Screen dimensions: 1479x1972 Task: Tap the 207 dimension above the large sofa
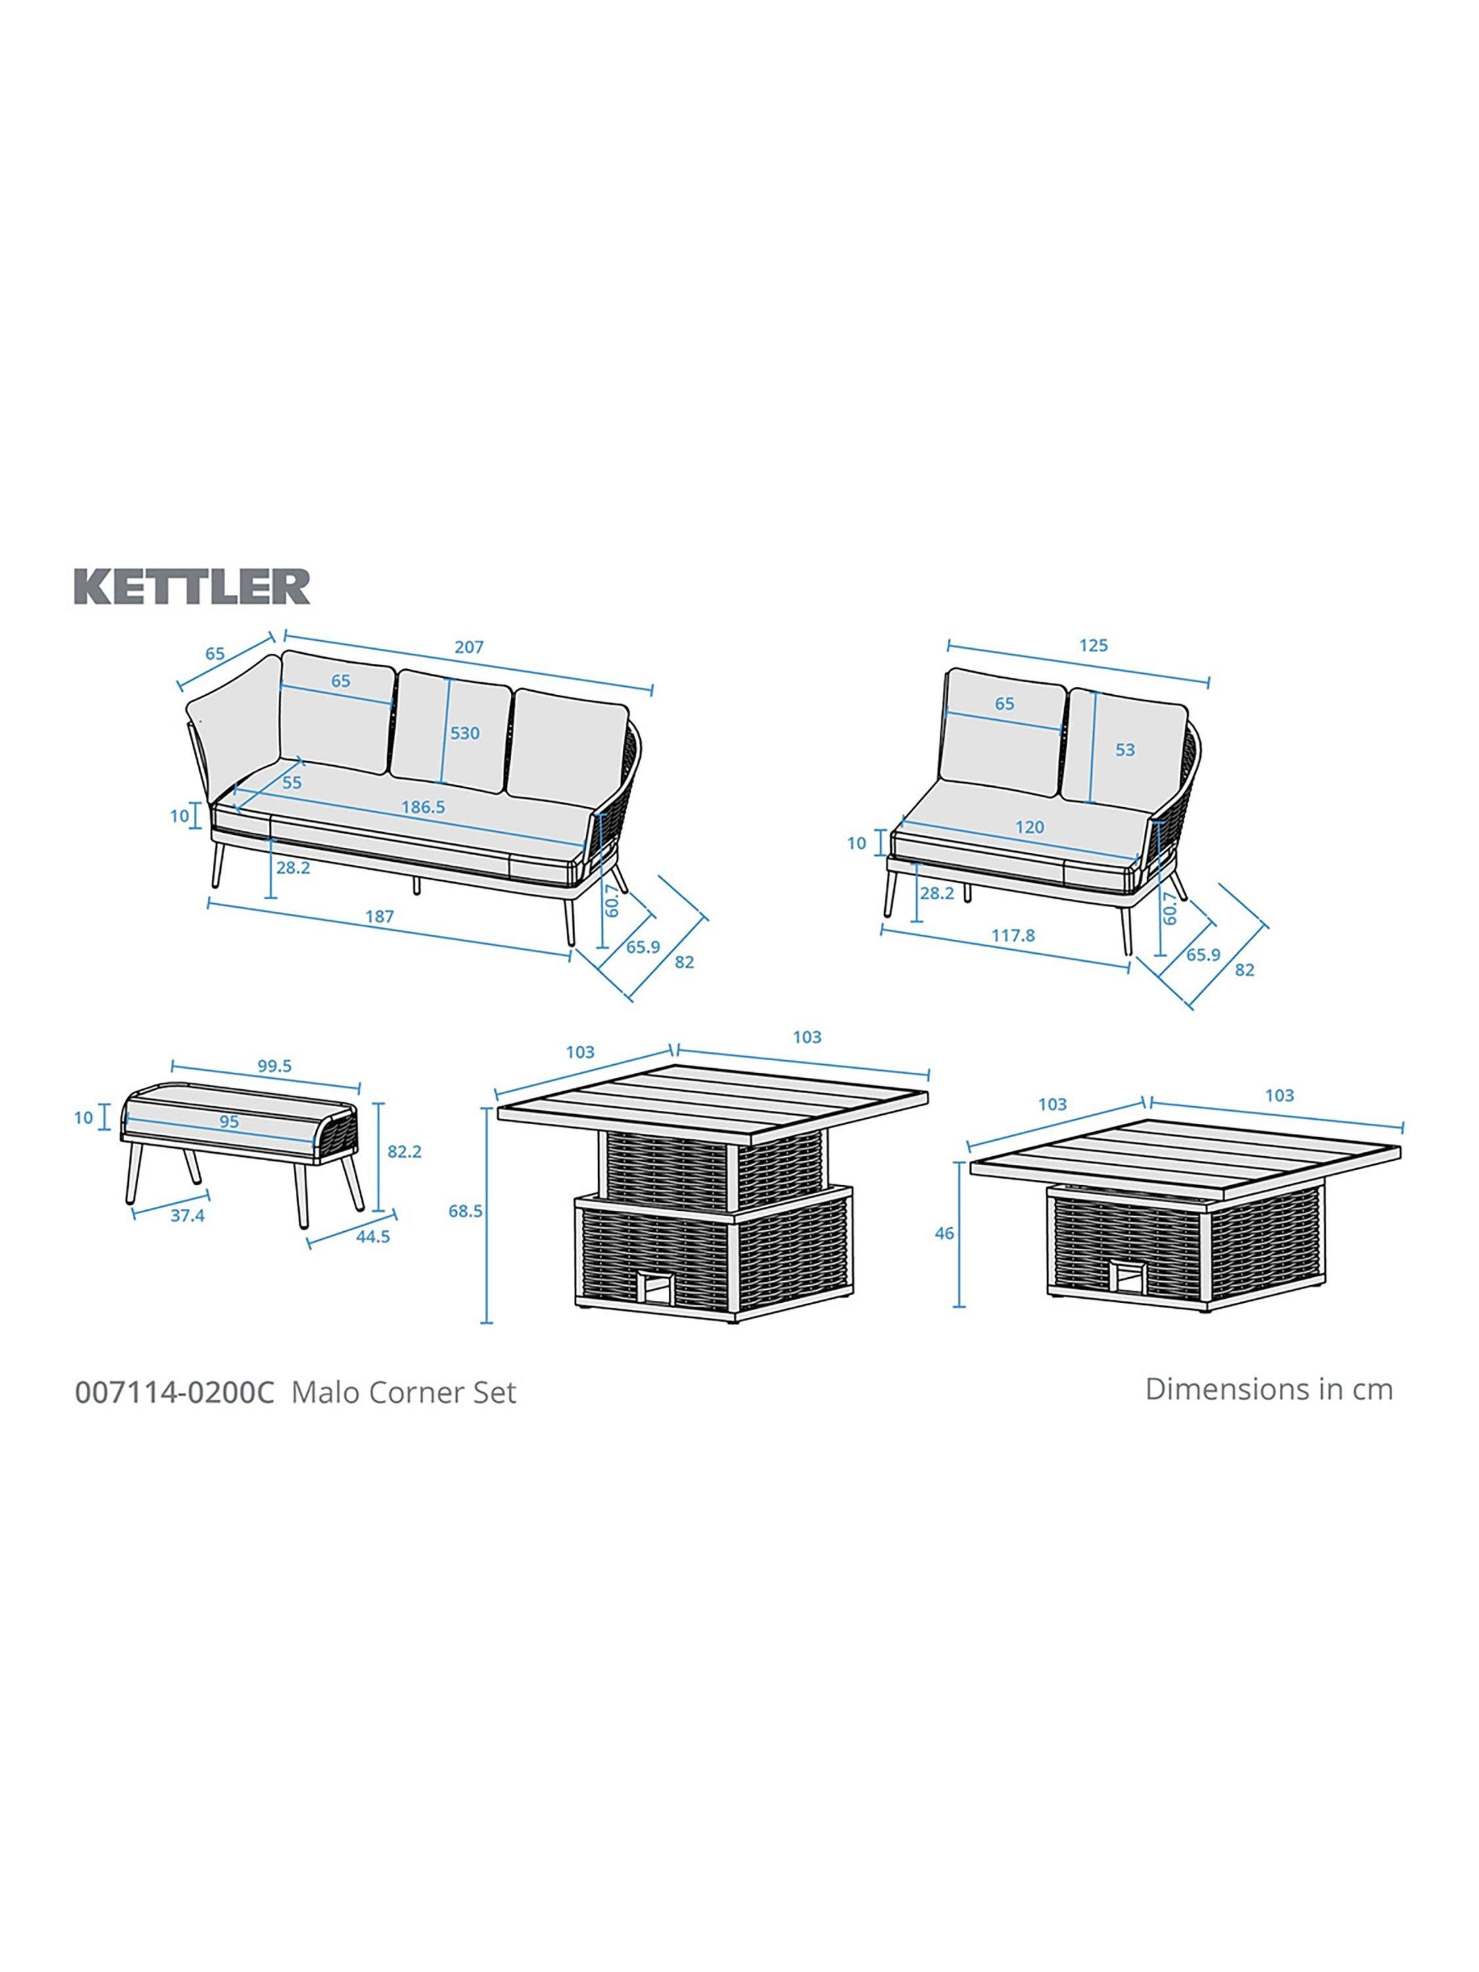[469, 647]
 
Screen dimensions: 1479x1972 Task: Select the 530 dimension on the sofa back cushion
[465, 733]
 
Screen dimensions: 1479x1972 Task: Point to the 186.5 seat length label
[423, 807]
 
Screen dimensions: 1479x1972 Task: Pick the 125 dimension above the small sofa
[1093, 646]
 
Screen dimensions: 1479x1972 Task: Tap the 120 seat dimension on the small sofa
[1029, 828]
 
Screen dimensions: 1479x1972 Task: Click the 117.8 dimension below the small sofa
[1014, 935]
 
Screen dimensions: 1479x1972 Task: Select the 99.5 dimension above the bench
[275, 1066]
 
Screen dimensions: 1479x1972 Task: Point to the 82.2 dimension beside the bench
[404, 1152]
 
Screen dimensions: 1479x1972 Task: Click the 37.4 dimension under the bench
[187, 1215]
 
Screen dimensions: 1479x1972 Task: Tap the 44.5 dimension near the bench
[373, 1236]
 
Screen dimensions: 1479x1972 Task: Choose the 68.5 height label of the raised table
[465, 1211]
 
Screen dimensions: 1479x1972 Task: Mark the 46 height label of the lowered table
[944, 1234]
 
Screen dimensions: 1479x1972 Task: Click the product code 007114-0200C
[176, 1392]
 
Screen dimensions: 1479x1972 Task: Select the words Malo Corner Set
[404, 1392]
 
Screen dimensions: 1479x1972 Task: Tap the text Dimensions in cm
[1269, 1389]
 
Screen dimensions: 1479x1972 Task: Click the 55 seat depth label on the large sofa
[291, 783]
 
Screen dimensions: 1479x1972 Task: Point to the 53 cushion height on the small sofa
[1125, 750]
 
